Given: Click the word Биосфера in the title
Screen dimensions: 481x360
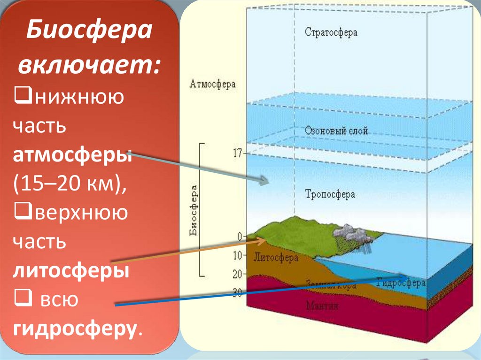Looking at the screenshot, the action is [89, 32].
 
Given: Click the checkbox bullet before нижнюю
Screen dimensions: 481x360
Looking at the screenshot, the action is [21, 98].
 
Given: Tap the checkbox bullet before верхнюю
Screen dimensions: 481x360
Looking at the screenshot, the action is [21, 213].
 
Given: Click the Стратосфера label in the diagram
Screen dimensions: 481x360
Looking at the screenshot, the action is [331, 33].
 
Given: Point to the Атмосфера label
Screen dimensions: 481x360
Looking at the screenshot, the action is [213, 84].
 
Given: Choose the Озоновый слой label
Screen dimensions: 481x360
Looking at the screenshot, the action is [336, 131].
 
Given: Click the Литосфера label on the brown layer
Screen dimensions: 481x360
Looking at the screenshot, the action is [273, 257].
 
